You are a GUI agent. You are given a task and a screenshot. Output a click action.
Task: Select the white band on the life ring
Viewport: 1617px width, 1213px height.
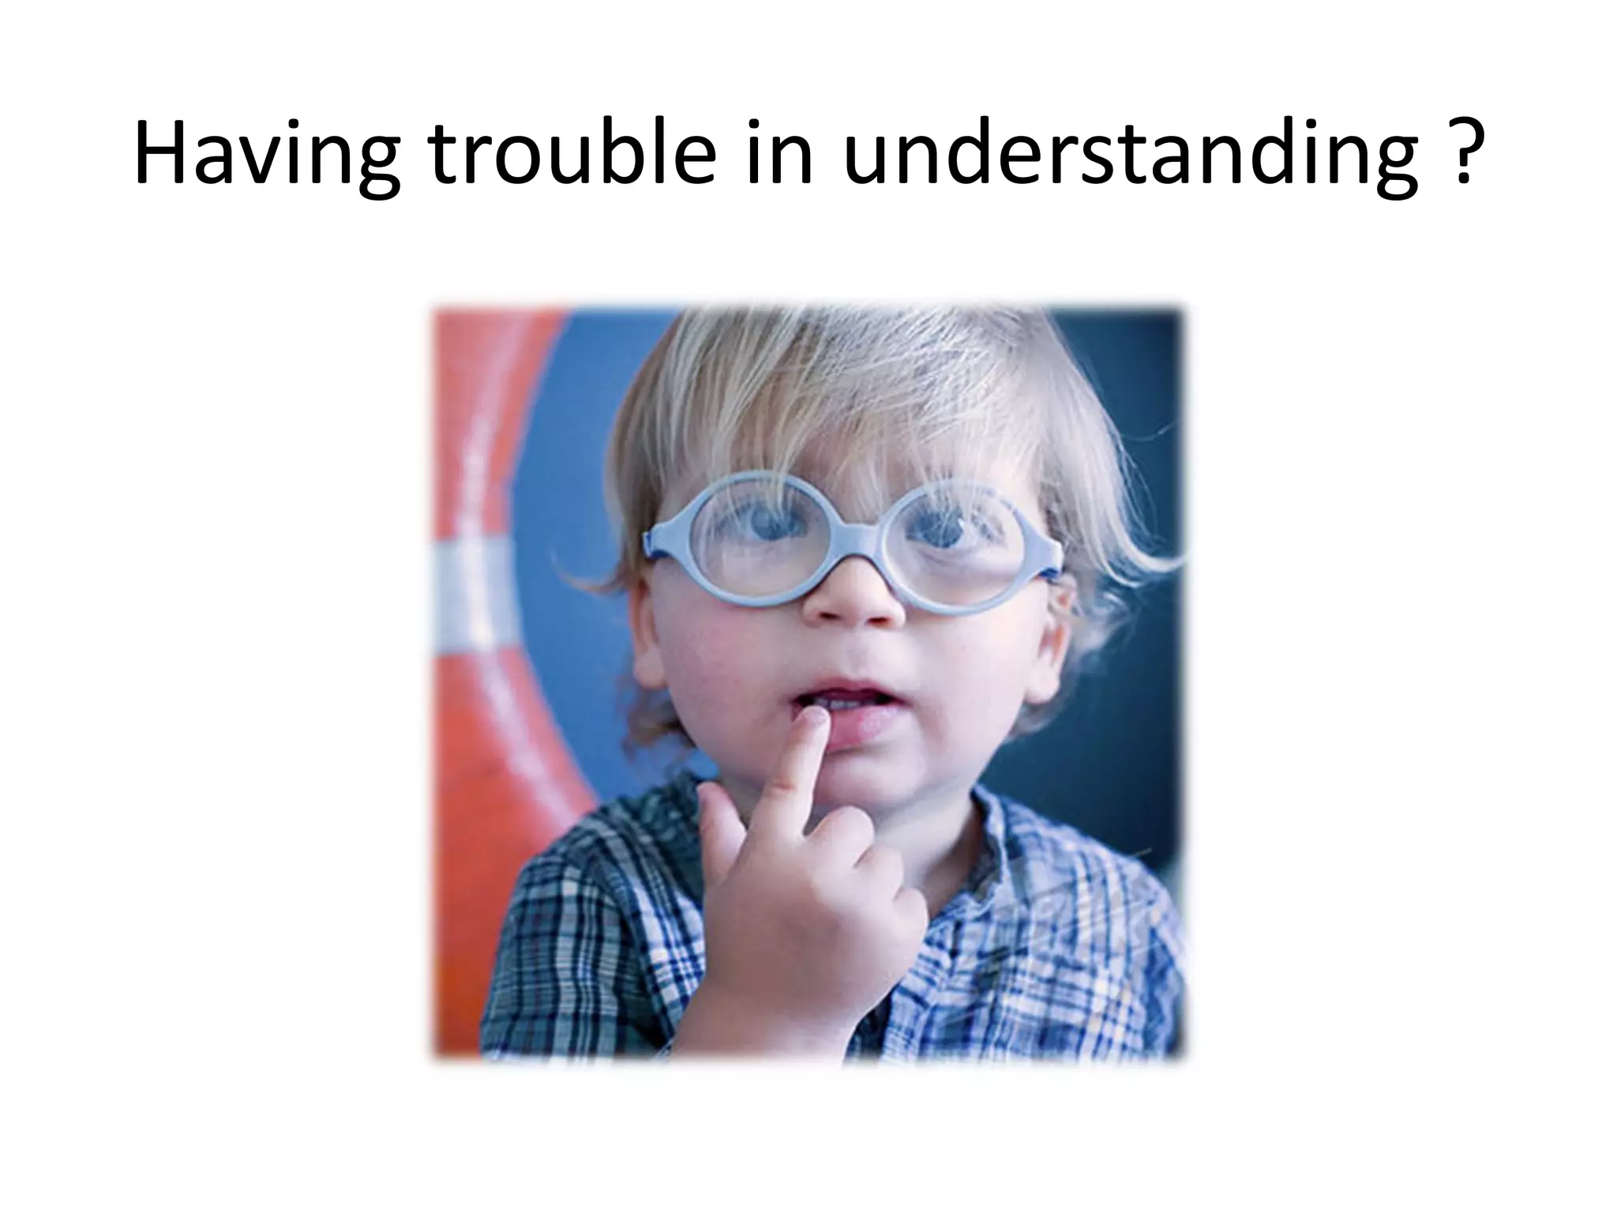tap(466, 584)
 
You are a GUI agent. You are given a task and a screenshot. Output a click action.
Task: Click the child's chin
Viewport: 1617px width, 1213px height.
tap(861, 778)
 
